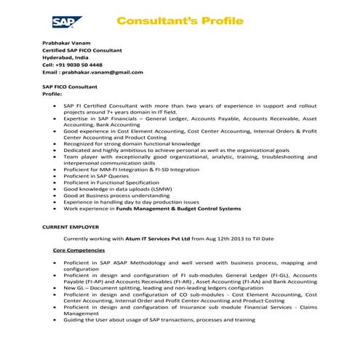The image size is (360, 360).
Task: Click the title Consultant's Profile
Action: click(180, 21)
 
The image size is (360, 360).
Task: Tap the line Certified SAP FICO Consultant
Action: click(82, 51)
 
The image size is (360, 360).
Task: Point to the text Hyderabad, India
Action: click(65, 57)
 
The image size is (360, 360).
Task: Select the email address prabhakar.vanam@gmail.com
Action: click(102, 72)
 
